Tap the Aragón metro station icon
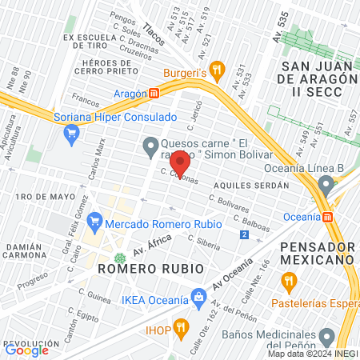[154, 93]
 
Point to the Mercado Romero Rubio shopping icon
[95, 218]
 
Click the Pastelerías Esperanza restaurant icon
[289, 281]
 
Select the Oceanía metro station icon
[326, 217]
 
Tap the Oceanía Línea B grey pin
[325, 185]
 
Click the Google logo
[26, 350]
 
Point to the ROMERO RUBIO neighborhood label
[145, 270]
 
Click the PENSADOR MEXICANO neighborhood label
[318, 252]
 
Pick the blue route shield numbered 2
[243, 234]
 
